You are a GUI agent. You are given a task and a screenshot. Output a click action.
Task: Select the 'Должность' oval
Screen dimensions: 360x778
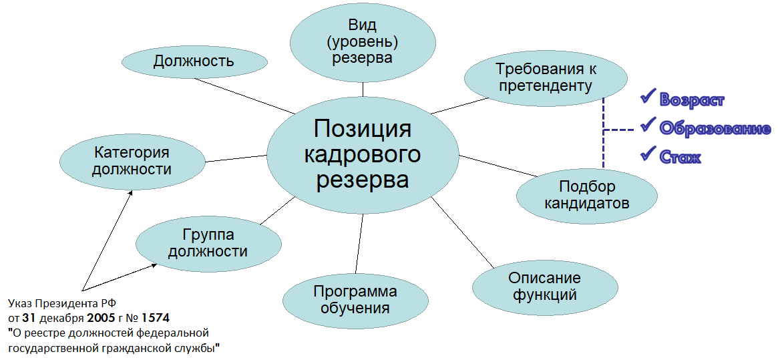coord(194,61)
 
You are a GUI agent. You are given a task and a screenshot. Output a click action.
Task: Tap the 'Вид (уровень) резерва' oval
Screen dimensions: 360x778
coord(363,41)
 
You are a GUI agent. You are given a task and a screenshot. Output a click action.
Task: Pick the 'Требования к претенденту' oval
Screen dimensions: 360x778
coord(545,77)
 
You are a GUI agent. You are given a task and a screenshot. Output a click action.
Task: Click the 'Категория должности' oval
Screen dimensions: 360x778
coord(132,161)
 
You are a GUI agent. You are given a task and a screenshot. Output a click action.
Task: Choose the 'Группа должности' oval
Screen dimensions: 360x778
coord(208,243)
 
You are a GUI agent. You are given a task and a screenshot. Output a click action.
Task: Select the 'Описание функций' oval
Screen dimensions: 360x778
coord(544,286)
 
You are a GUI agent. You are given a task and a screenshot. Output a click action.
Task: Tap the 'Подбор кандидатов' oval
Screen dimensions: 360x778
coord(587,195)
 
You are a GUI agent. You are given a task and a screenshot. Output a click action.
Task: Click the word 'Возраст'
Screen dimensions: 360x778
coord(692,100)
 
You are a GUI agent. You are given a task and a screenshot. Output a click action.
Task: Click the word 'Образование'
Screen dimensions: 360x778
coord(715,128)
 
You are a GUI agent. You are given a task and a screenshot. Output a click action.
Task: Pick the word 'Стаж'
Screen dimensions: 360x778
coord(680,158)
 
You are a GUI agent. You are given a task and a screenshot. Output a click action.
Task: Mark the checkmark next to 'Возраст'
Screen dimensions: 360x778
coord(647,98)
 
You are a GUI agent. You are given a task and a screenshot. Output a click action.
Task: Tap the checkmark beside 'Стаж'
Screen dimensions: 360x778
coord(647,154)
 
